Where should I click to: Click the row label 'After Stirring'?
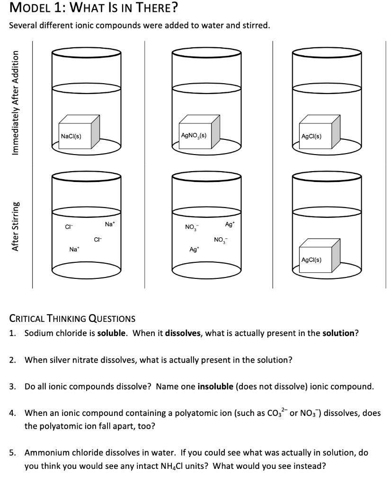pyautogui.click(x=16, y=227)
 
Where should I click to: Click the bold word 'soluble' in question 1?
pyautogui.click(x=112, y=333)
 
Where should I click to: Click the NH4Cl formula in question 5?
pyautogui.click(x=185, y=466)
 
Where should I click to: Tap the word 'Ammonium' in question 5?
pyautogui.click(x=44, y=452)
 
